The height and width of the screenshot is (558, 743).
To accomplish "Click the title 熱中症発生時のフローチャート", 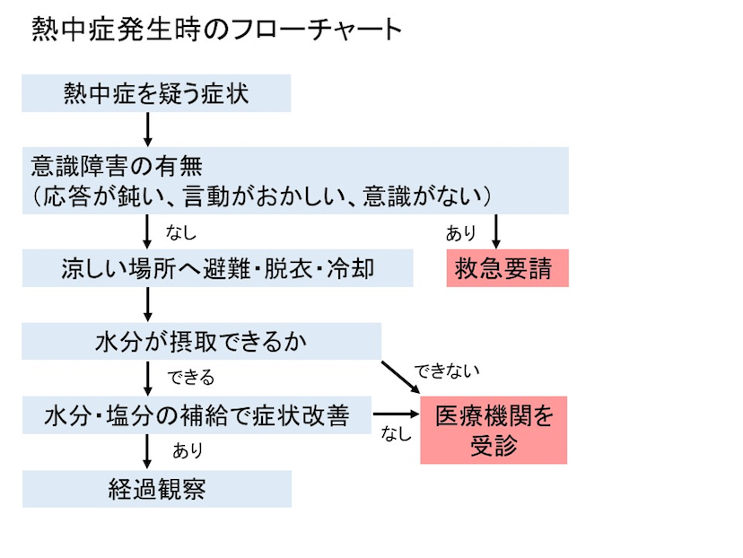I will coord(216,30).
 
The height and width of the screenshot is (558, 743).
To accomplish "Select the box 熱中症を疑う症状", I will coord(156,93).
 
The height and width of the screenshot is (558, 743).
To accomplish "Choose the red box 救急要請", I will coord(507,269).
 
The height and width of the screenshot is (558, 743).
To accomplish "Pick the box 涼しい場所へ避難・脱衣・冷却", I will coord(217,269).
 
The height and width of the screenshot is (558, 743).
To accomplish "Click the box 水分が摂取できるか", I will coord(202,342).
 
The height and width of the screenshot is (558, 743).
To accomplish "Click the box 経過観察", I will coord(157,490).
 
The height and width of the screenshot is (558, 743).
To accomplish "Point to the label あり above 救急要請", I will coord(461,234).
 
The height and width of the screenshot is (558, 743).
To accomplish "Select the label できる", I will coord(191,376).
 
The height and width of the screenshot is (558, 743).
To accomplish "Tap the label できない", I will coord(446,370).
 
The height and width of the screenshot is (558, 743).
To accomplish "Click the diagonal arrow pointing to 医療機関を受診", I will coord(400,377).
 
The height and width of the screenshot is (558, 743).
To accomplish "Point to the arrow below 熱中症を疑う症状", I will coord(148,129).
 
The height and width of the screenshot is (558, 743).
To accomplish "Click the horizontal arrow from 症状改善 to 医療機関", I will coord(396,415).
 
